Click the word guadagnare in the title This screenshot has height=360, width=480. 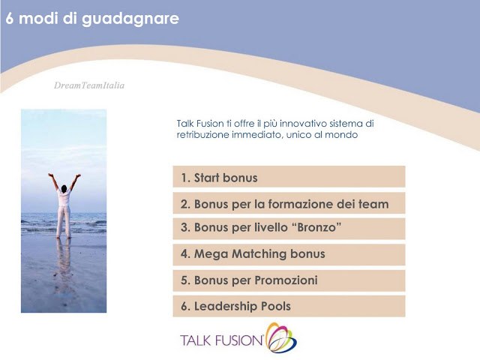click(130, 19)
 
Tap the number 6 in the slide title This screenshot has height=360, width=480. click(10, 18)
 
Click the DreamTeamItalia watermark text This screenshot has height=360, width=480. click(89, 85)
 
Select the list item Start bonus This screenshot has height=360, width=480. click(289, 177)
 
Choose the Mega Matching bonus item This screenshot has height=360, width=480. click(289, 254)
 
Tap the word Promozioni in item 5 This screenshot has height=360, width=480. click(286, 280)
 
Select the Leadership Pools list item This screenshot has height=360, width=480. click(289, 306)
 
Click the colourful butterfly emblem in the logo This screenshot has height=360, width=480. click(281, 337)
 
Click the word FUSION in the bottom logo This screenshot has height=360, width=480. click(240, 340)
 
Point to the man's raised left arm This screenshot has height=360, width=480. click(75, 181)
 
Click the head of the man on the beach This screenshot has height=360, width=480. click(64, 188)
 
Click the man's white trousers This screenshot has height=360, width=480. click(64, 221)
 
